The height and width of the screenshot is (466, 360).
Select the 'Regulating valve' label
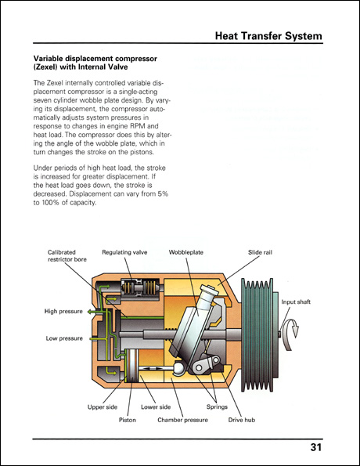[x=125, y=252]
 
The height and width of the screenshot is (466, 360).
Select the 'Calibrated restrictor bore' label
[x=67, y=256]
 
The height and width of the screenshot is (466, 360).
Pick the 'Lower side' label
[x=155, y=406]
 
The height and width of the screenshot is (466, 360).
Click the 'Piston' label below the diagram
[x=127, y=420]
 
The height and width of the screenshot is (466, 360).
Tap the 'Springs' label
[x=217, y=406]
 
